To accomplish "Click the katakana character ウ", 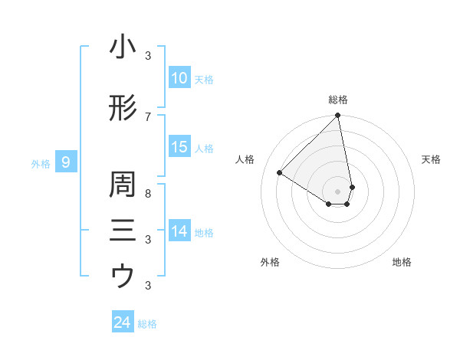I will tap(123, 276).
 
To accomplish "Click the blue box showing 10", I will tap(179, 78).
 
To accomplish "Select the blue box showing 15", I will tap(179, 147).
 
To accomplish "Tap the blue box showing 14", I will tap(179, 231).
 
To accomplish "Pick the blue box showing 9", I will tap(66, 162).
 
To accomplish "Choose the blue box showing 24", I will tap(122, 322).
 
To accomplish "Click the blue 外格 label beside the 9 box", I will tap(41, 163).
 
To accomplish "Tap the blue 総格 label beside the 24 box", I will tap(148, 324).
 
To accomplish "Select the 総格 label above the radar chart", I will tap(338, 100).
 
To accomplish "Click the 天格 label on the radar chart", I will tap(432, 159).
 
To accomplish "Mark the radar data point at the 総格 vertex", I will tap(338, 116).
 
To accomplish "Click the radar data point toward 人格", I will tap(280, 173).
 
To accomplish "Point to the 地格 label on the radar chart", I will tap(402, 262).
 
